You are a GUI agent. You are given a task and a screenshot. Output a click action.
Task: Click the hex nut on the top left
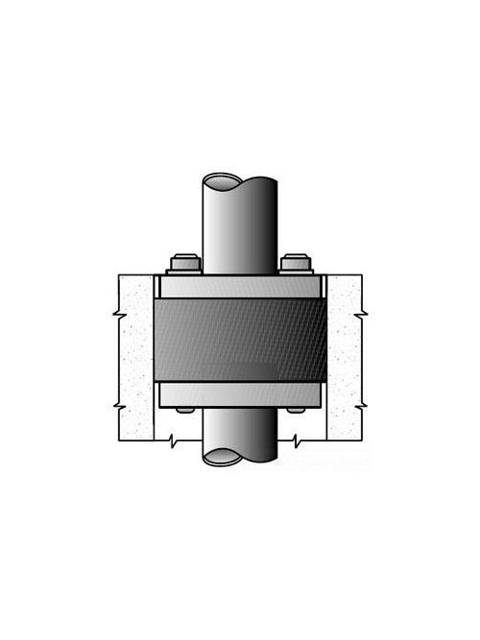[184, 264]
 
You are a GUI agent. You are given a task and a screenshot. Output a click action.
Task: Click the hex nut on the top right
[295, 264]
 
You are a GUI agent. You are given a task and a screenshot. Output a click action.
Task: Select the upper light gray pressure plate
[240, 286]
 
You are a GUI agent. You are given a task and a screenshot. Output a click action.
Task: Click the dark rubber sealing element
[240, 340]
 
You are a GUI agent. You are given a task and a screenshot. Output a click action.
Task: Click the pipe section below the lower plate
[240, 432]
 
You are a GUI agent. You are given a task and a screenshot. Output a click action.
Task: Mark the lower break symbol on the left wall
[118, 405]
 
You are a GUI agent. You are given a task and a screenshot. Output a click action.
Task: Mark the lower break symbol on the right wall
[361, 405]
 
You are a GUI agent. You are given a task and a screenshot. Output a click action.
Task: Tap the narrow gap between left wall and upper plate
[156, 286]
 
